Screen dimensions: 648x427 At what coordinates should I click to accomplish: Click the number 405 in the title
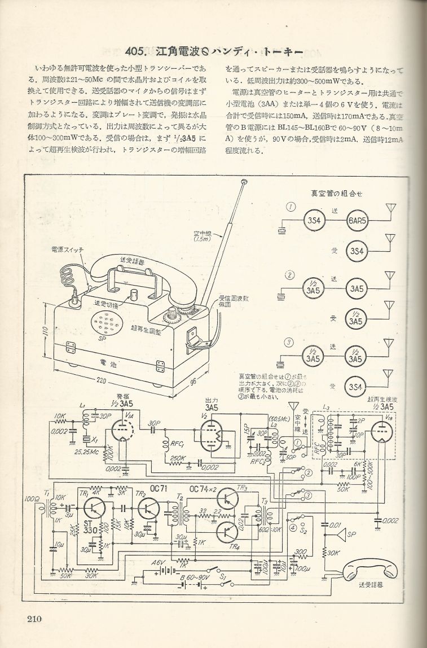(137, 51)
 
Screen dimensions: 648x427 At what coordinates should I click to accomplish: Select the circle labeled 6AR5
(356, 220)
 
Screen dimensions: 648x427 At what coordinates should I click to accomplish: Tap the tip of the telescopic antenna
(244, 182)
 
